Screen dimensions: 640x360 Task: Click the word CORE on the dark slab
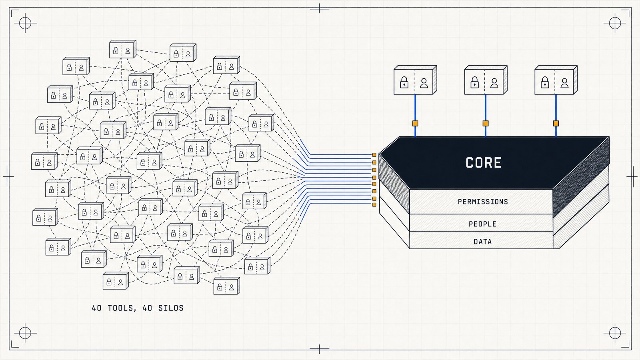click(x=484, y=162)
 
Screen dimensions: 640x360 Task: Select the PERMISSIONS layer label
click(x=483, y=202)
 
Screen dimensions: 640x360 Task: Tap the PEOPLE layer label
click(x=482, y=224)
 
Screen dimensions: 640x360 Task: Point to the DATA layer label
click(x=482, y=242)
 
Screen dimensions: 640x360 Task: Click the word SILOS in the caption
click(x=171, y=308)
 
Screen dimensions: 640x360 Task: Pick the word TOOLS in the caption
click(x=120, y=308)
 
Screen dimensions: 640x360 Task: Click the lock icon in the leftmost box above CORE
click(x=404, y=82)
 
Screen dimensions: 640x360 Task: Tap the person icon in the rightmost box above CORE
click(x=564, y=83)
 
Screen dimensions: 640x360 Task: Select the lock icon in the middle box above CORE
click(x=474, y=82)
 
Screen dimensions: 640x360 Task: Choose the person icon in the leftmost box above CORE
click(x=424, y=83)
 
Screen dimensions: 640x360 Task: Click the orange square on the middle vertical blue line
click(x=486, y=124)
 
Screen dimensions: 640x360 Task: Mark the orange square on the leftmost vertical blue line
click(x=415, y=124)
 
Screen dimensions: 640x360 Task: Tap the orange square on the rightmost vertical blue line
click(x=556, y=124)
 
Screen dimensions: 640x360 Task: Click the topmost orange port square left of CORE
click(x=374, y=155)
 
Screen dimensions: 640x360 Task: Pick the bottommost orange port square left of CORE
click(x=374, y=204)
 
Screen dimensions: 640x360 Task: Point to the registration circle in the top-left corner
click(x=25, y=23)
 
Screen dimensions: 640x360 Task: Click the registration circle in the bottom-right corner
click(x=615, y=333)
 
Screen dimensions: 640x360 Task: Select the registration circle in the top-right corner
click(x=615, y=23)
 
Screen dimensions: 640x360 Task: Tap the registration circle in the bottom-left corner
click(x=25, y=333)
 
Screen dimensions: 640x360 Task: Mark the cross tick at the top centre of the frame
click(x=320, y=9)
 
